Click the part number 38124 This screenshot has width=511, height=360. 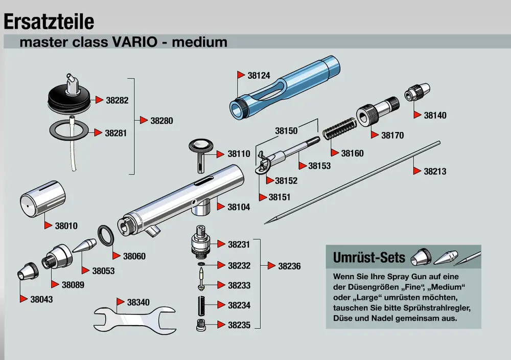coord(259,75)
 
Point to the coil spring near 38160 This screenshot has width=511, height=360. coord(338,127)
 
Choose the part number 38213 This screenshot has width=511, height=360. coord(435,171)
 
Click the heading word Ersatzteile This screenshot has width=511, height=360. coord(49,21)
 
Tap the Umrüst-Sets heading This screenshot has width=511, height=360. coord(369,257)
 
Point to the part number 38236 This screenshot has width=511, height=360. coord(289,266)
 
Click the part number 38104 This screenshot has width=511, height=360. coord(239,207)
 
